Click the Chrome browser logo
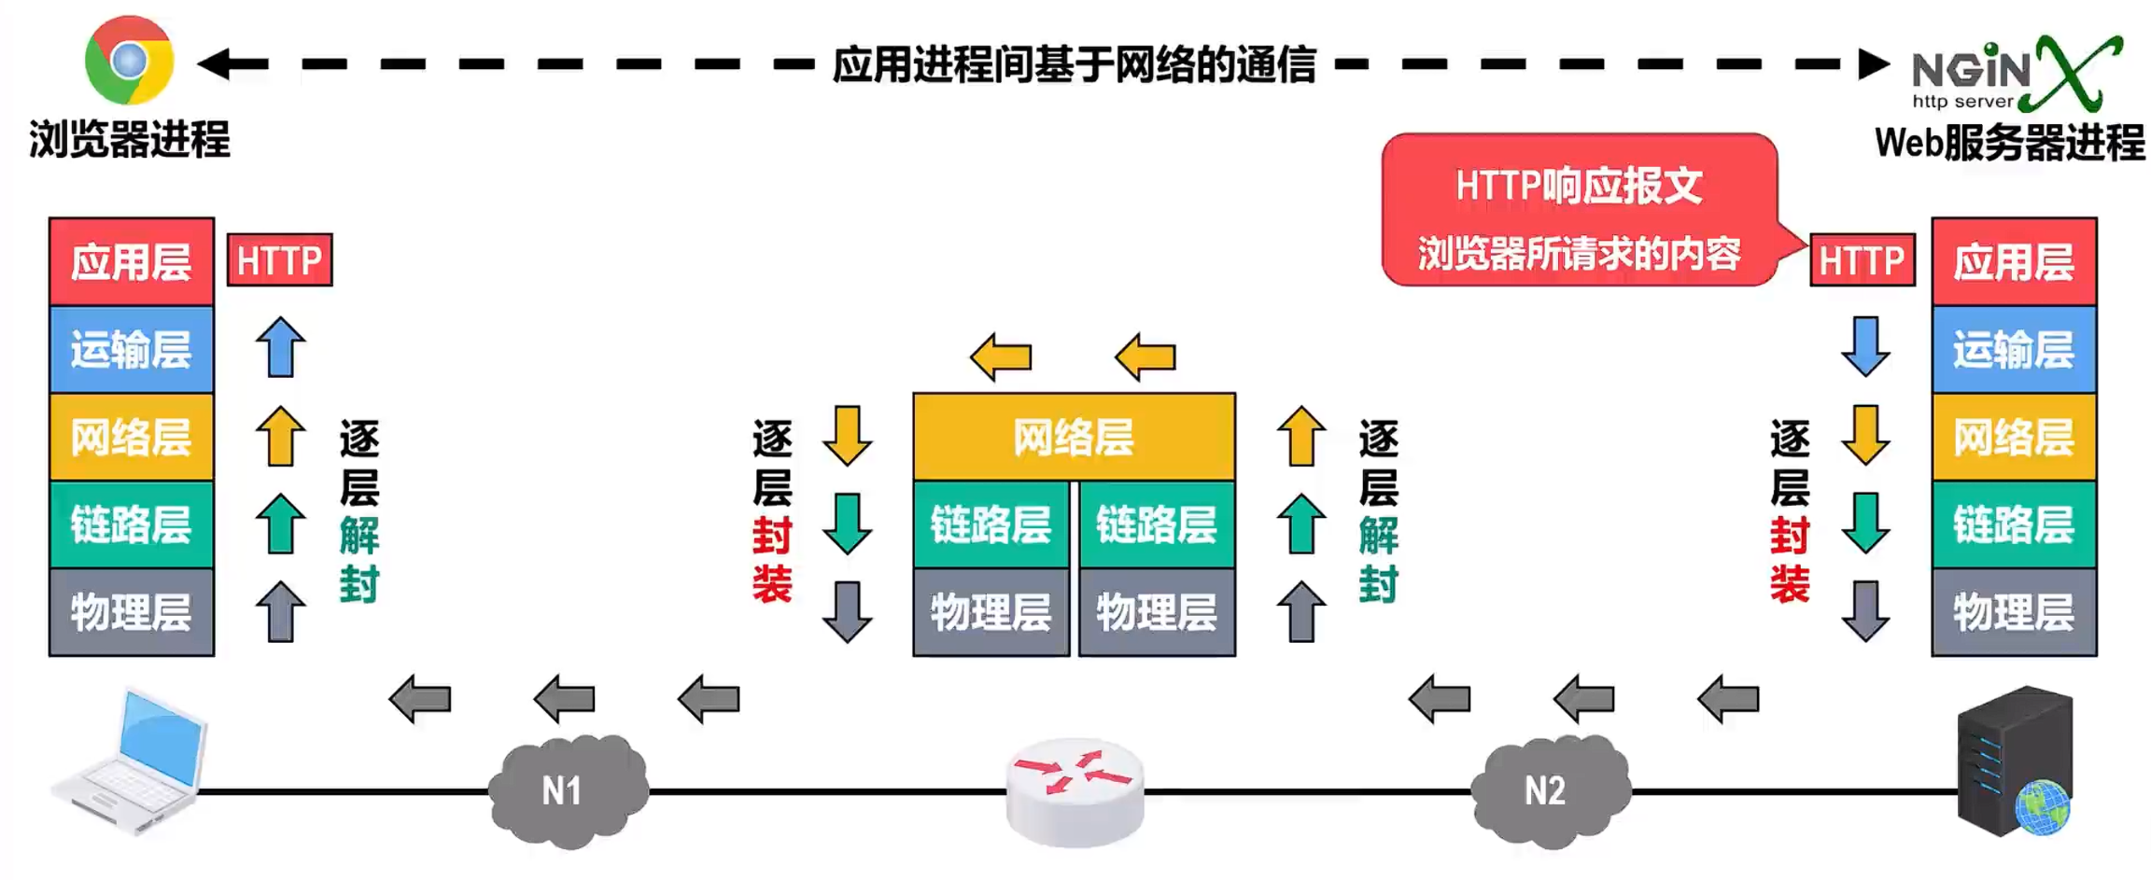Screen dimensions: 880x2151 (129, 61)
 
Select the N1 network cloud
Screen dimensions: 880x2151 (566, 790)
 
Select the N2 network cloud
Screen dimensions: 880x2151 (1548, 790)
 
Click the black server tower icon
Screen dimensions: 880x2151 (2015, 761)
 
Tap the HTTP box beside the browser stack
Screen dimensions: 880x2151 (279, 260)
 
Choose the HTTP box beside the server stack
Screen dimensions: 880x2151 (1861, 260)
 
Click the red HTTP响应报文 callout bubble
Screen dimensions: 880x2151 (1578, 211)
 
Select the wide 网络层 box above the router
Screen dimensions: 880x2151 (1074, 437)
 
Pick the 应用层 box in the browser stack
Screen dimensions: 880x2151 (131, 261)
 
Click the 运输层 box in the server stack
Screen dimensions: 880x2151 (2013, 349)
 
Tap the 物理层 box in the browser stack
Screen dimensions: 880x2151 (131, 612)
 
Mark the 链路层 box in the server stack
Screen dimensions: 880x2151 (2013, 524)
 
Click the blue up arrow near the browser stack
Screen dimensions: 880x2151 (280, 347)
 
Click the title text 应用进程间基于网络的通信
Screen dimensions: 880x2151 (1074, 64)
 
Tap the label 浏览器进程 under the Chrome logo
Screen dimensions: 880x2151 (129, 140)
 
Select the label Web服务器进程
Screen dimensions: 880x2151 (2009, 143)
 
